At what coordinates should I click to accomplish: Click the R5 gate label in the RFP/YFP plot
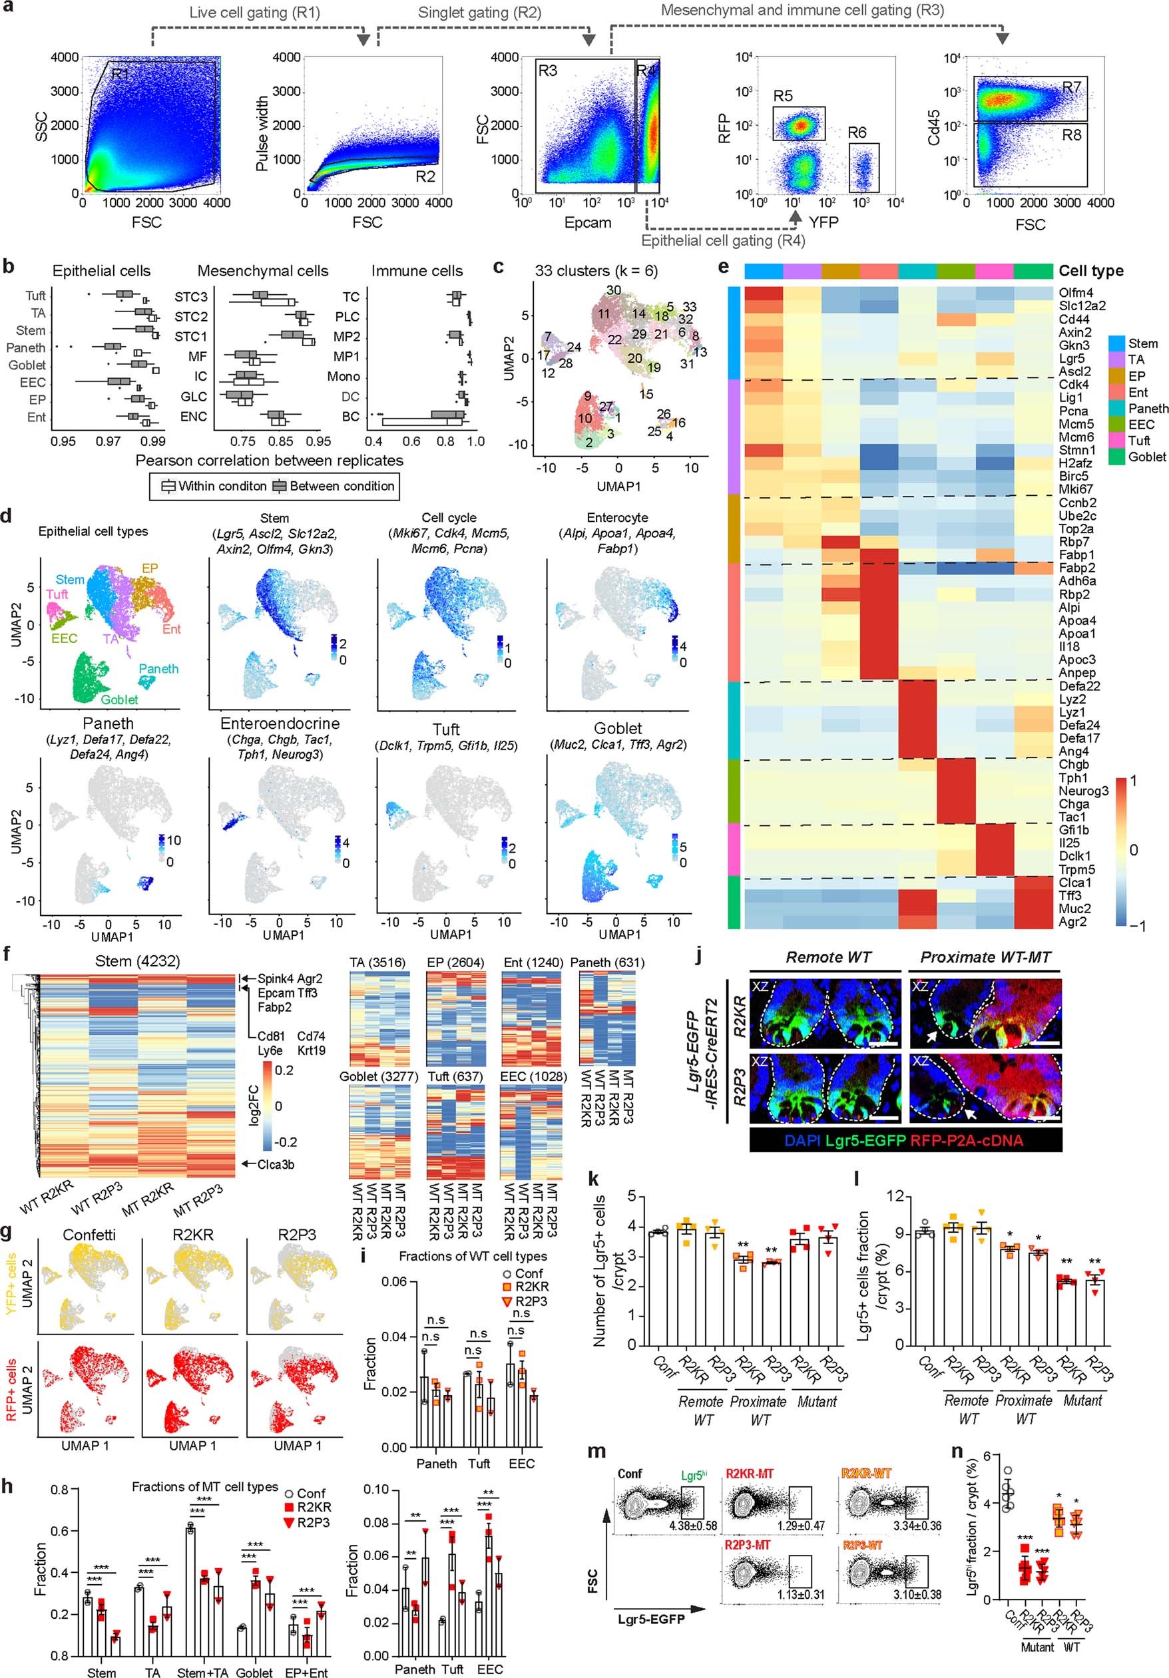(x=782, y=96)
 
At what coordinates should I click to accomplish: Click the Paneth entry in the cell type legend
(x=1148, y=409)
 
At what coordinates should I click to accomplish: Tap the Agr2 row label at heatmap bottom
(x=1073, y=922)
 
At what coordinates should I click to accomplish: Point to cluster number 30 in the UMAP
(x=613, y=290)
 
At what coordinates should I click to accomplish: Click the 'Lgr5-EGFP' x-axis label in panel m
(x=651, y=1619)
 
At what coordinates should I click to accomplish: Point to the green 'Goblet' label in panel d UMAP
(x=119, y=700)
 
